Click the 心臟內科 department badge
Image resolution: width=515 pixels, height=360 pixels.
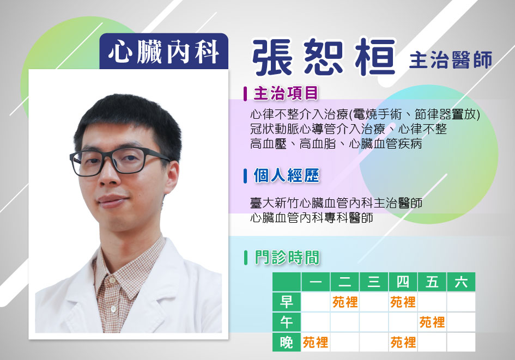[x=163, y=51]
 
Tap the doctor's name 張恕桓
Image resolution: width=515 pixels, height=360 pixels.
[x=324, y=57]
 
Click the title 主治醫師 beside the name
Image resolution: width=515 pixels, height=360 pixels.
[x=451, y=60]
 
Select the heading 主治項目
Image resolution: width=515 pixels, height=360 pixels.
[x=286, y=93]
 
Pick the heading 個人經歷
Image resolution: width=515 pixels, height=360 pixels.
[x=286, y=175]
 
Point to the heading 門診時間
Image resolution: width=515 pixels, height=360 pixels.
[x=287, y=257]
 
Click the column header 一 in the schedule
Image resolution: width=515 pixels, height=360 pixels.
[x=316, y=282]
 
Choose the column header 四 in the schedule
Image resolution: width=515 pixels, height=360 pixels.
[x=403, y=282]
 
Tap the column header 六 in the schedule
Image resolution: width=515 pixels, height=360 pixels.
[x=461, y=282]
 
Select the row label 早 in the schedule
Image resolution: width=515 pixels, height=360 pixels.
[x=287, y=302]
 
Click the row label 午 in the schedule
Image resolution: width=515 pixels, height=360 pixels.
[x=287, y=322]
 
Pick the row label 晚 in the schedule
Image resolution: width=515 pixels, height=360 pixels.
[x=287, y=342]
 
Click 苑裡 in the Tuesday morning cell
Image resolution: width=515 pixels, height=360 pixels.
[x=345, y=302]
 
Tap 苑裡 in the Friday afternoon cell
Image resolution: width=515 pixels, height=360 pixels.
[x=432, y=322]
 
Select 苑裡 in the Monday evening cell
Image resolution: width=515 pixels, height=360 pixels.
[x=316, y=343]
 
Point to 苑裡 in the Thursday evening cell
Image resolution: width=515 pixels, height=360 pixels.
[x=403, y=343]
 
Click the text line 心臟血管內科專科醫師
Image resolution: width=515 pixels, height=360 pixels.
[x=311, y=217]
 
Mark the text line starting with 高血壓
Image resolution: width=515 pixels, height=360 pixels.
[x=336, y=144]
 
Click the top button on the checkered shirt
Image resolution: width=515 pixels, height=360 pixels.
[x=112, y=281]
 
